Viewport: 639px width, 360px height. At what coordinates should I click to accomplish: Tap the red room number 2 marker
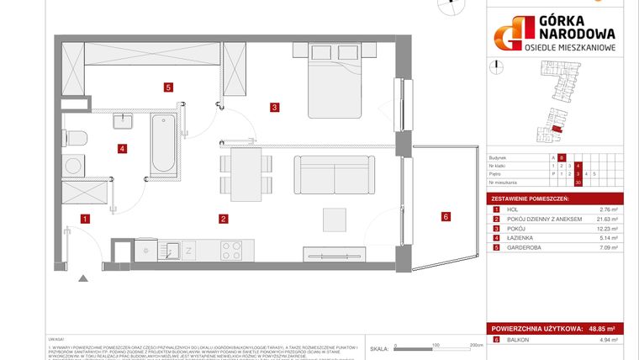coord(222,220)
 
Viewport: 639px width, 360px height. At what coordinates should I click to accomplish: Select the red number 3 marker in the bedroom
coord(274,107)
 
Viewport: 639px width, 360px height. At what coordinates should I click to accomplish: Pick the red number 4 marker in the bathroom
coord(122,149)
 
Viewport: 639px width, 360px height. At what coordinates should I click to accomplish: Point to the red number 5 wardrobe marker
coord(169,86)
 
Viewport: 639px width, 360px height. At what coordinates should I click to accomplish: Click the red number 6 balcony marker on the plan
coord(446,216)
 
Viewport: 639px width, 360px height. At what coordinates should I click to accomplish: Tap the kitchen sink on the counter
coord(170,251)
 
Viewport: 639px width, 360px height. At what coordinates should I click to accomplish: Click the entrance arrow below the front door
coord(82,278)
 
